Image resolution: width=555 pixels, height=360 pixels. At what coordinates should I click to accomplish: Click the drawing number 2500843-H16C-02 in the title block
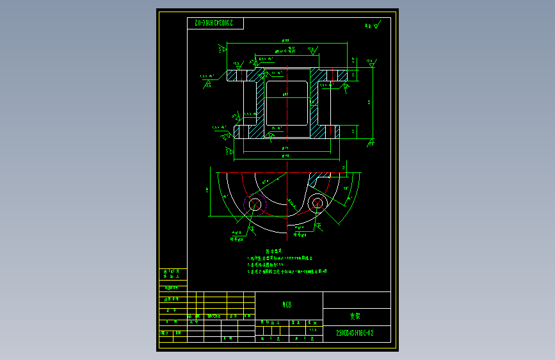click(x=354, y=333)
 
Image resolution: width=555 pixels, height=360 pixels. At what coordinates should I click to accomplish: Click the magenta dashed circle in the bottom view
click(x=255, y=205)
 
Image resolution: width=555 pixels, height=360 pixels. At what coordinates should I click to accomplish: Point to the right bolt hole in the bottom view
click(x=316, y=204)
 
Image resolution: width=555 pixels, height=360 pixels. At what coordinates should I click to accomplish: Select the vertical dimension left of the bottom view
click(x=208, y=190)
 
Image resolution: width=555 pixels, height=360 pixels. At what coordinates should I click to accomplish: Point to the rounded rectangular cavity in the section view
click(x=286, y=102)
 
